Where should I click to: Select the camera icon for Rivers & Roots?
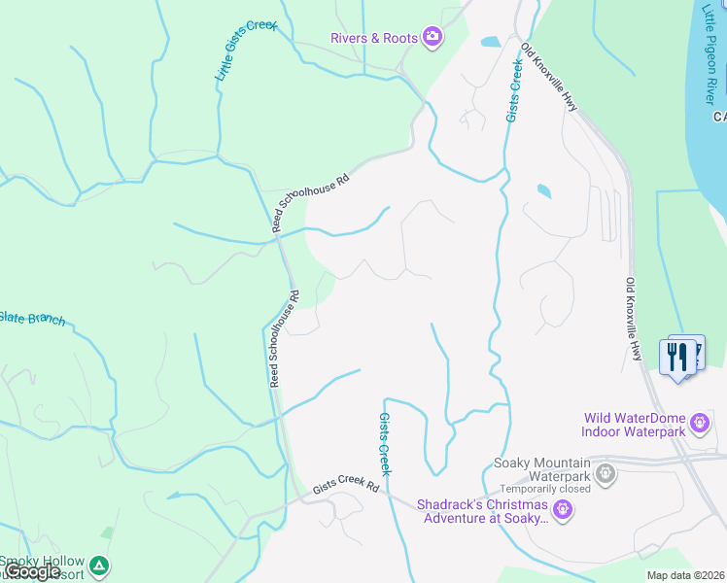pos(432,38)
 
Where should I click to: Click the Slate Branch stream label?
pos(32,318)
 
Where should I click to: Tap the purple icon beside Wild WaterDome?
pos(699,424)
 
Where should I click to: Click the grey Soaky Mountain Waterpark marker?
pos(606,474)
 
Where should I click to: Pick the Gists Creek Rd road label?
pos(345,488)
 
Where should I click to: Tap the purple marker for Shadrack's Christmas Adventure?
pos(562,509)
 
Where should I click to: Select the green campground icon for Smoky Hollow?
pos(98,565)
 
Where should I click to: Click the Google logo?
pos(32,572)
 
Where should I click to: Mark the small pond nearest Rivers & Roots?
pos(490,42)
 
